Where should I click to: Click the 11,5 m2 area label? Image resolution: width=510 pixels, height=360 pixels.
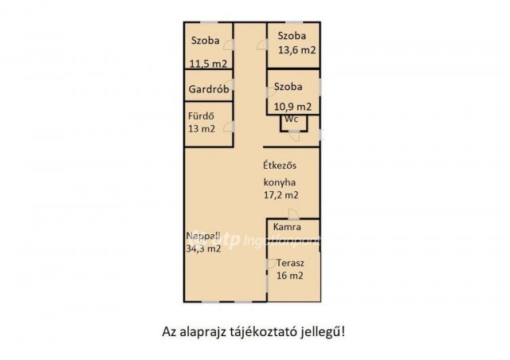(x=207, y=65)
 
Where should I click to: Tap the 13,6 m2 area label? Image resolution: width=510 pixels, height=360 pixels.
(x=296, y=50)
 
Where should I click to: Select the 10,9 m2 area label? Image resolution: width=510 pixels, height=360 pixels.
(x=292, y=106)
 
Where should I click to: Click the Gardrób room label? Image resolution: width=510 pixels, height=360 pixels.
(x=209, y=90)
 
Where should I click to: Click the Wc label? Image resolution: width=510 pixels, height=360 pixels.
(x=292, y=119)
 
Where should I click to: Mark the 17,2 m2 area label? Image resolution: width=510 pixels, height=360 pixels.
(x=282, y=194)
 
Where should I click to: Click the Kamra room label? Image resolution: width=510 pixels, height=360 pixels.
(x=287, y=228)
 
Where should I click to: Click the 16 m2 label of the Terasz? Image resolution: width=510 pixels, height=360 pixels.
(x=290, y=276)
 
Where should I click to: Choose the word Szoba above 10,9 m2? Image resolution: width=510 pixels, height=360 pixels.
(x=288, y=86)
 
